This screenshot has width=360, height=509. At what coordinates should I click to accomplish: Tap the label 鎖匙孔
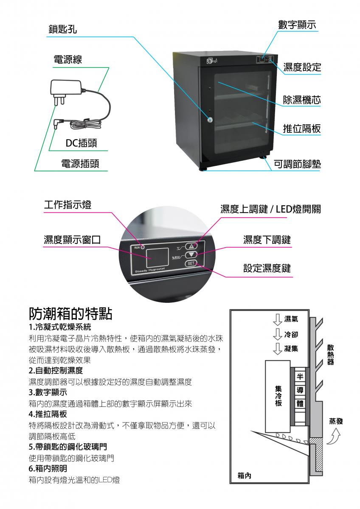pyautogui.click(x=63, y=29)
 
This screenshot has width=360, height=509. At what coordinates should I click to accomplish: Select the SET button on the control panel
pyautogui.click(x=191, y=263)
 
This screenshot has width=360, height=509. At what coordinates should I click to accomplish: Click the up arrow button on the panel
pyautogui.click(x=191, y=246)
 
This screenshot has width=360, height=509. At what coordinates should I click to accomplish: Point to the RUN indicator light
pyautogui.click(x=143, y=247)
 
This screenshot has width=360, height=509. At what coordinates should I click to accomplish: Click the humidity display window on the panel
pyautogui.click(x=157, y=258)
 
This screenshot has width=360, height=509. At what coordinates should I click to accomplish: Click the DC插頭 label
pyautogui.click(x=81, y=143)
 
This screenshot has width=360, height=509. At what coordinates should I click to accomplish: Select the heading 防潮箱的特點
pyautogui.click(x=70, y=314)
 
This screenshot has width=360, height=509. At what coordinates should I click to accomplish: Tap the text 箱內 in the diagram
pyautogui.click(x=244, y=475)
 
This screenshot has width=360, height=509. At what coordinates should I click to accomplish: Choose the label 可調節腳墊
pyautogui.click(x=297, y=164)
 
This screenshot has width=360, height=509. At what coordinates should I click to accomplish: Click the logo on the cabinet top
pyautogui.click(x=212, y=61)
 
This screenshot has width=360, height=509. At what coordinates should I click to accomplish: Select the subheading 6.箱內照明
pyautogui.click(x=48, y=468)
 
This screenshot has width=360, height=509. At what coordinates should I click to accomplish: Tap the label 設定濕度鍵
pyautogui.click(x=267, y=268)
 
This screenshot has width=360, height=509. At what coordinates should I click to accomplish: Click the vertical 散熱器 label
pyautogui.click(x=330, y=355)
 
